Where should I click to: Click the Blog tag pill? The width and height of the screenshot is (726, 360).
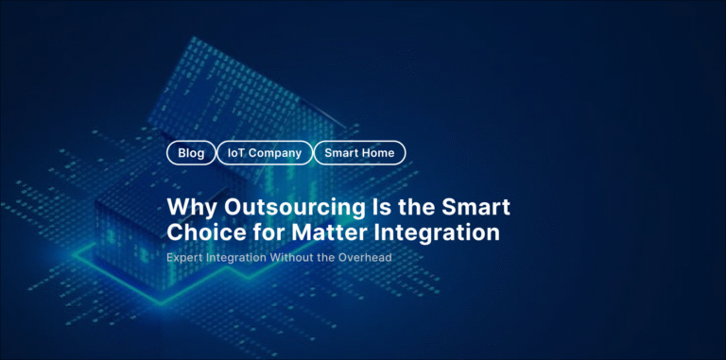(x=191, y=152)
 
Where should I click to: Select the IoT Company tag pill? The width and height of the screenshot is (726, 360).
(x=265, y=152)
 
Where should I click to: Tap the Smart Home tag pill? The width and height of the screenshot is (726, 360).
(x=359, y=152)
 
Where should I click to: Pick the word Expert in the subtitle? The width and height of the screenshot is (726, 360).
(x=186, y=257)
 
